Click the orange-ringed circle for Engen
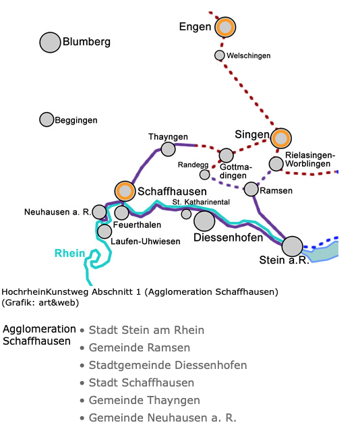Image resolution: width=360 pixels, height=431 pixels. pyautogui.click(x=225, y=27)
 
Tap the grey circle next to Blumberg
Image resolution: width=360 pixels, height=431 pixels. pyautogui.click(x=50, y=42)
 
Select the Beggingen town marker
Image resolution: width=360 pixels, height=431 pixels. pyautogui.click(x=47, y=119)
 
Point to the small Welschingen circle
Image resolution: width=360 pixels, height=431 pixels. pyautogui.click(x=219, y=55)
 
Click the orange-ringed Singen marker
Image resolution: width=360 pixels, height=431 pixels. pyautogui.click(x=281, y=138)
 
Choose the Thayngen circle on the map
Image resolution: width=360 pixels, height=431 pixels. pyautogui.click(x=168, y=149)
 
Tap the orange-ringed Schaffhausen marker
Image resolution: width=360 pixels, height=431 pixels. pyautogui.click(x=125, y=191)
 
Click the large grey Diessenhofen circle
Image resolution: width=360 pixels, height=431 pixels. pyautogui.click(x=204, y=221)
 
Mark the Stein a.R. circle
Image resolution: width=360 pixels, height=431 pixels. pyautogui.click(x=293, y=247)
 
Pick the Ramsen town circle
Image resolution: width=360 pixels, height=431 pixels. pyautogui.click(x=251, y=189)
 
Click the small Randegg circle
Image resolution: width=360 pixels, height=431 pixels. pyautogui.click(x=204, y=174)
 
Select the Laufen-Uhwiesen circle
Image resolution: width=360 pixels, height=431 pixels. pyautogui.click(x=104, y=231)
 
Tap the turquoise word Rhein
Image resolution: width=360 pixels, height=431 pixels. pyautogui.click(x=70, y=253)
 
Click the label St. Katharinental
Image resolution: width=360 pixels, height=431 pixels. pyautogui.click(x=201, y=202)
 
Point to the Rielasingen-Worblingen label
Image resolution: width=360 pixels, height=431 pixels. pyautogui.click(x=309, y=159)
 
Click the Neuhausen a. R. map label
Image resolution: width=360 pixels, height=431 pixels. pyautogui.click(x=57, y=212)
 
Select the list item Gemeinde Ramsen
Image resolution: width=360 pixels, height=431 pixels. pyautogui.click(x=140, y=347)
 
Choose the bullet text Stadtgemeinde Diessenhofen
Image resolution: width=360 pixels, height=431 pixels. pyautogui.click(x=168, y=365)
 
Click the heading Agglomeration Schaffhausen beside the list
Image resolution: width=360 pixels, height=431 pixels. pyautogui.click(x=39, y=335)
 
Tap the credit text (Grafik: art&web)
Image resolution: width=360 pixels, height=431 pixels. pyautogui.click(x=40, y=303)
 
